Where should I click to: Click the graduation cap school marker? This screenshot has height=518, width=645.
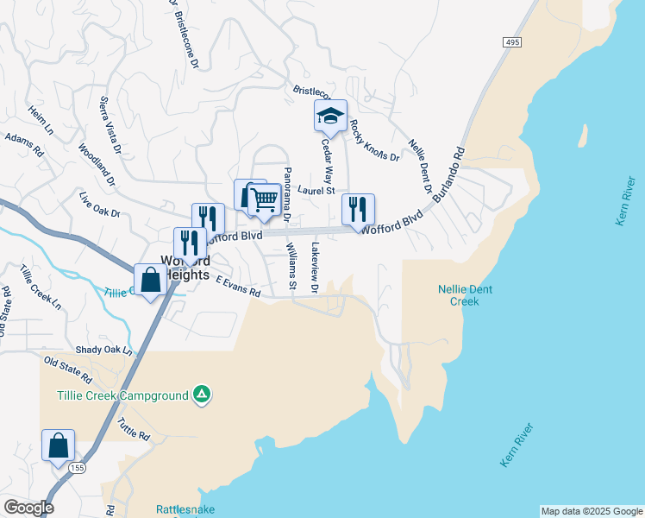pos(329,115)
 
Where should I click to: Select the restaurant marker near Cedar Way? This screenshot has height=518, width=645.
pos(358,208)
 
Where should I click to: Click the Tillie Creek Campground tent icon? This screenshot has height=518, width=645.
pos(201,395)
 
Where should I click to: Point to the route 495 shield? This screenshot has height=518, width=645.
pos(511,41)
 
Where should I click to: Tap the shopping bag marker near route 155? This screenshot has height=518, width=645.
pos(58,445)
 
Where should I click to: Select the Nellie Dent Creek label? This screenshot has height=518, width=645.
pos(465,295)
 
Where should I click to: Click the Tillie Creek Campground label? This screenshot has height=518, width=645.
pos(122,396)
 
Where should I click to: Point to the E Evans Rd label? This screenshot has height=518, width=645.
pos(238,287)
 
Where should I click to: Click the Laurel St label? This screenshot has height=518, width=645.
pos(316,191)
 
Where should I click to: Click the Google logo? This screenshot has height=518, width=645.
pos(28,508)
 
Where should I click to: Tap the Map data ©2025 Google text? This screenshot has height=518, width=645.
pos(592,511)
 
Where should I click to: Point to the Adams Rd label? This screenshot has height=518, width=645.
pos(23,142)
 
